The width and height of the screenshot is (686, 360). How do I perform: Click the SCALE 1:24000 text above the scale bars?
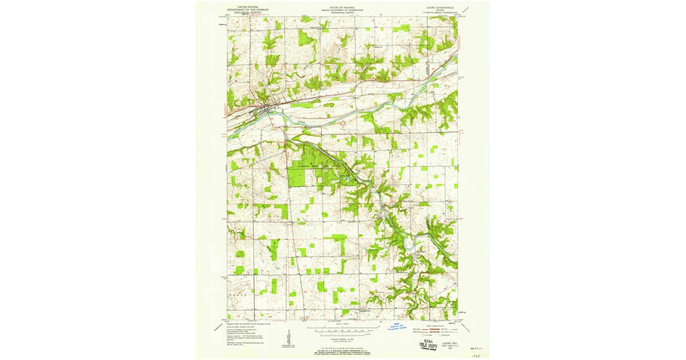[342, 325]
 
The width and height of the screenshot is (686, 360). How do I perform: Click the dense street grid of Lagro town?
[264, 107]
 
